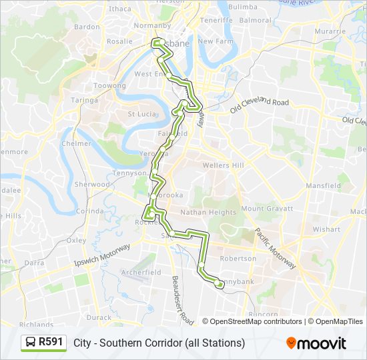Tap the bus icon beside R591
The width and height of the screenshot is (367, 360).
click(31, 343)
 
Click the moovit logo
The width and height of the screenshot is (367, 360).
click(316, 343)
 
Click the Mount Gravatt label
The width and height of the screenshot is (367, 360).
click(267, 209)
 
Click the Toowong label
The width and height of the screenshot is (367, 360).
click(110, 86)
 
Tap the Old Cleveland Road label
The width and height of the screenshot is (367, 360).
click(260, 103)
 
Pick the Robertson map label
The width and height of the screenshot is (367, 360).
click(238, 258)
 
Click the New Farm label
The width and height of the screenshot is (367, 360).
click(214, 41)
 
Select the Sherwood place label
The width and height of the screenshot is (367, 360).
click(92, 184)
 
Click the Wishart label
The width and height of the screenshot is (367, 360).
click(326, 229)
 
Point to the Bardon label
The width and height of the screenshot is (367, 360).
click(87, 27)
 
